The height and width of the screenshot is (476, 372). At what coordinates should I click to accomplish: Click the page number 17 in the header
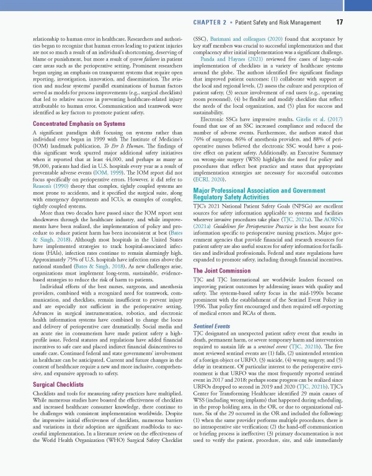pyautogui.click(x=340, y=22)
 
